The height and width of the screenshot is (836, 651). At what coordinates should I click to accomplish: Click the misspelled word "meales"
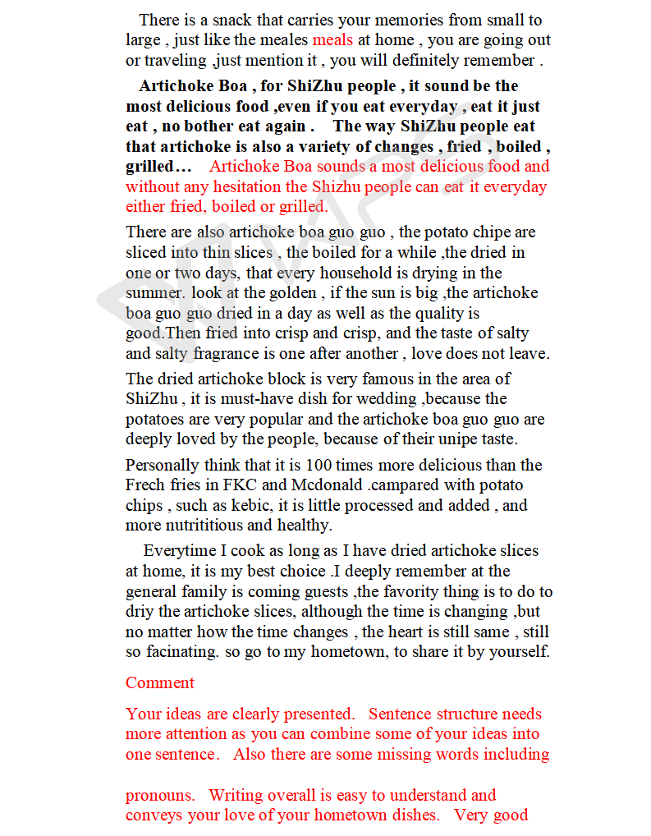283,40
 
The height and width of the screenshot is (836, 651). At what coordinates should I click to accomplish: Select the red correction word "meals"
332,40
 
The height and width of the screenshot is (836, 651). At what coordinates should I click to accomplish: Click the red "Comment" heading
160,683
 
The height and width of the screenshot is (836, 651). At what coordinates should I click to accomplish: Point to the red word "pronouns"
160,796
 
